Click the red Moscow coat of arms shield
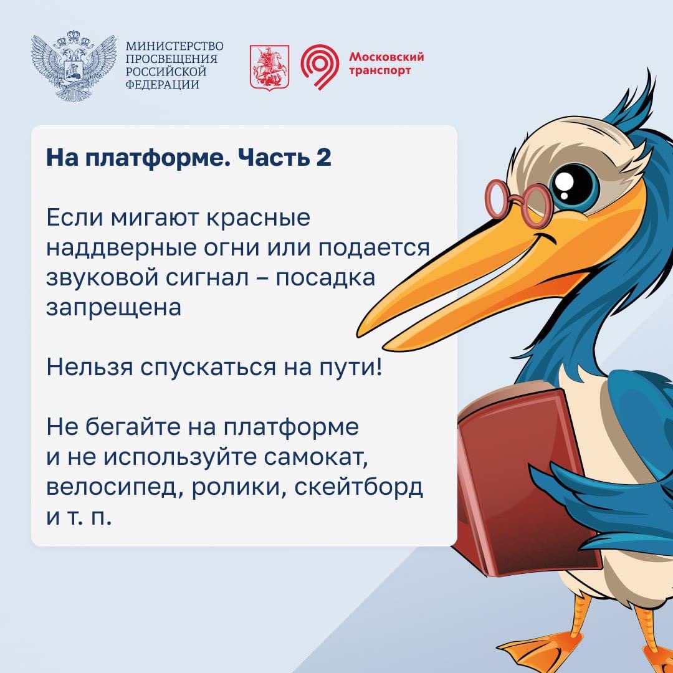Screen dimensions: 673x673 tap(270, 67)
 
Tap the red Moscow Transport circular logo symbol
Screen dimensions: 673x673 tap(320, 67)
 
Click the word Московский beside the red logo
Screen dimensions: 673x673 tap(386, 57)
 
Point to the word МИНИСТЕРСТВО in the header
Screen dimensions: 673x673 tap(174, 46)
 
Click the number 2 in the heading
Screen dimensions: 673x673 tap(324, 158)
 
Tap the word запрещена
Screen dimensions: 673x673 tap(114, 308)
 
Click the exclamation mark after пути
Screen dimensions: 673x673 tap(378, 367)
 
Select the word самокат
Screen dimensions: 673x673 tap(317, 459)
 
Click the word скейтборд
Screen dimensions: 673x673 tap(359, 487)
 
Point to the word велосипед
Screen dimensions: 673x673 tap(114, 489)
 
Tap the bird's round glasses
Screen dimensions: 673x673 tap(518, 200)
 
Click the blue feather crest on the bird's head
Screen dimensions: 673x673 tap(631, 103)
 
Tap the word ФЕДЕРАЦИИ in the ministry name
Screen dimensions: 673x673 tap(162, 84)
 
